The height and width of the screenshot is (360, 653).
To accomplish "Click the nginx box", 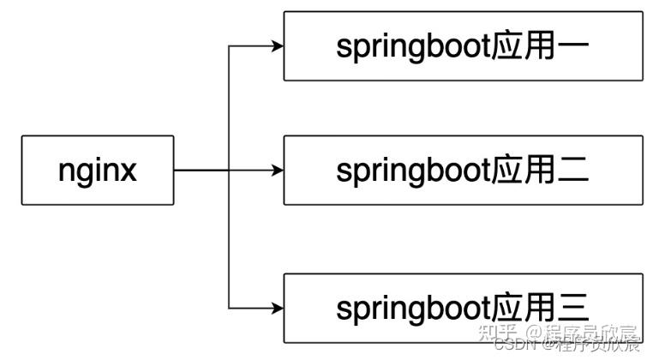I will tap(97, 170).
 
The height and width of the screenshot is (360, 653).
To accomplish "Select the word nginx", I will tap(97, 170).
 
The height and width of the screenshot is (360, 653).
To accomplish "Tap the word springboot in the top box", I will tap(414, 47).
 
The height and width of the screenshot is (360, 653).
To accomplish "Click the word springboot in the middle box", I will tap(414, 170).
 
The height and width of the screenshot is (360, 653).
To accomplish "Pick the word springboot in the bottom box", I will tap(414, 306).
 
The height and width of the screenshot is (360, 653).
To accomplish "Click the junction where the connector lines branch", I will tap(229, 170).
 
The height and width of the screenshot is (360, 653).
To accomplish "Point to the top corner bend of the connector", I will tap(229, 46).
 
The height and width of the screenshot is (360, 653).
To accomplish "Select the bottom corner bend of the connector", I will tap(229, 306).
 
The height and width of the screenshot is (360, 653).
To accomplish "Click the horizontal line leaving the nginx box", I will tap(201, 170).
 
